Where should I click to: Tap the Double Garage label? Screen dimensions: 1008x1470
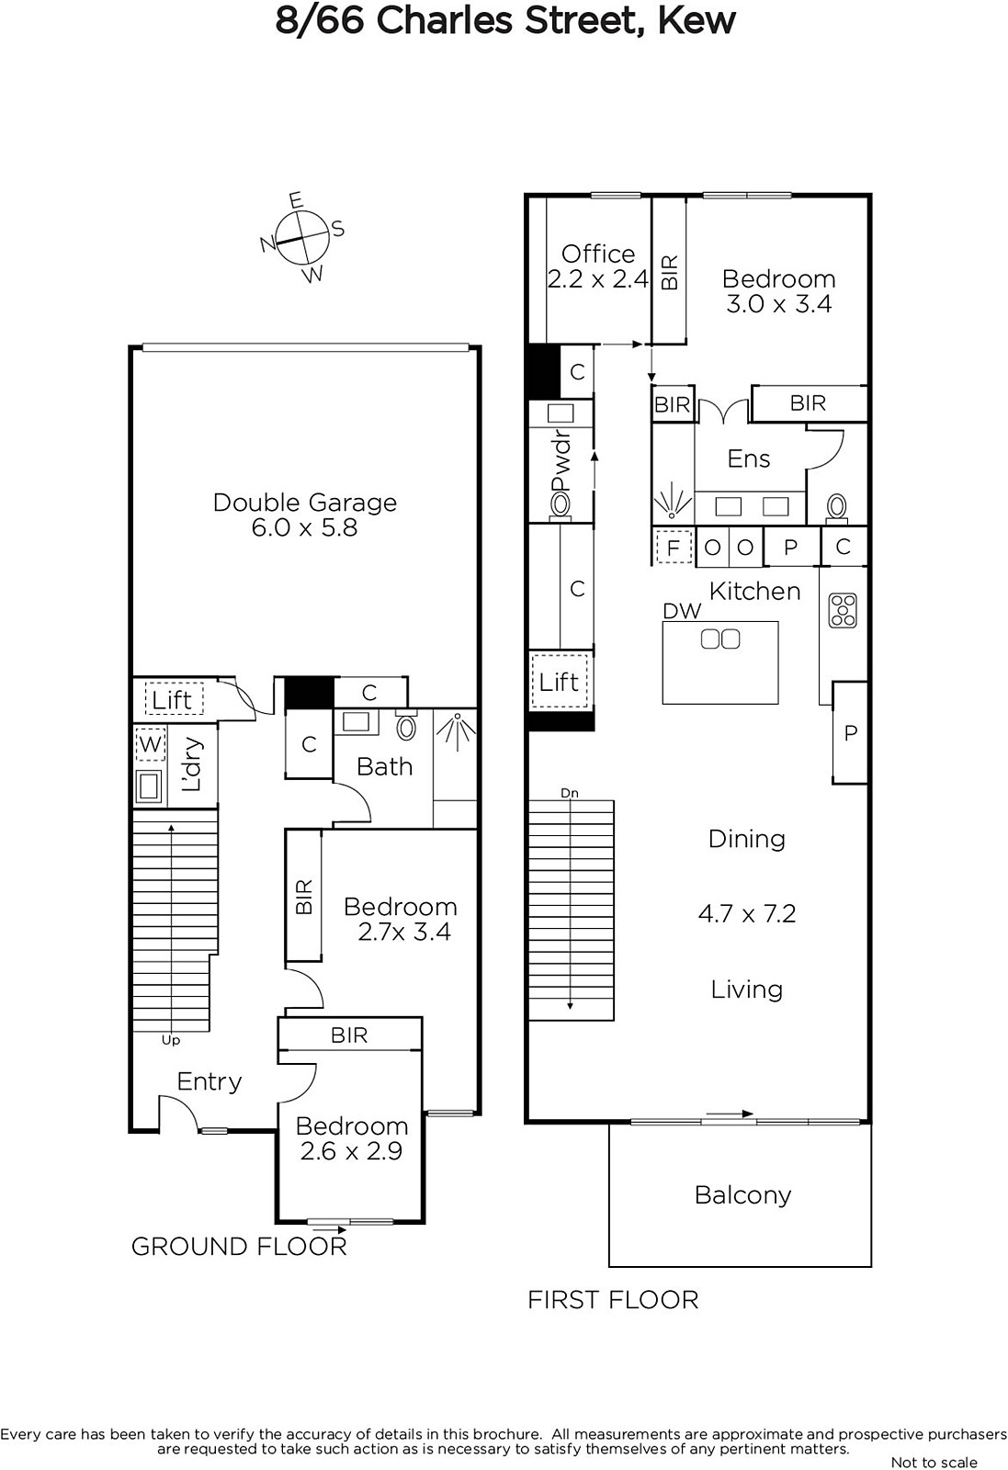tap(305, 503)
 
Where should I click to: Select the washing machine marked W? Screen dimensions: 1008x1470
tap(150, 744)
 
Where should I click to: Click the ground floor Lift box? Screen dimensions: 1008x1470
tap(174, 699)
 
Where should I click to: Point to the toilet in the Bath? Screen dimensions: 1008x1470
tap(406, 725)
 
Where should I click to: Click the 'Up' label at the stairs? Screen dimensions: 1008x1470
tap(171, 1039)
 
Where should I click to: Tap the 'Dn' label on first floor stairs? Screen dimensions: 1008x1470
tap(570, 793)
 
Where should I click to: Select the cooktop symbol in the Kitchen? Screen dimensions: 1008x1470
tap(843, 610)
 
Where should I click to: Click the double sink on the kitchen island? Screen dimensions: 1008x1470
tap(719, 639)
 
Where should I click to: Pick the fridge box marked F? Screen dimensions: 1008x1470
tap(674, 547)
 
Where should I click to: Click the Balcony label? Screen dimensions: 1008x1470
tap(742, 1195)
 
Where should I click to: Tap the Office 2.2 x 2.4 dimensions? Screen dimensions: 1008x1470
tap(598, 279)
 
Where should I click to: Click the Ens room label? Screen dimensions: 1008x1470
tap(749, 458)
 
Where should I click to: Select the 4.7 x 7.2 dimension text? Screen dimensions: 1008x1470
tap(747, 914)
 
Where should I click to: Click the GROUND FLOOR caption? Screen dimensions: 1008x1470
tap(239, 1247)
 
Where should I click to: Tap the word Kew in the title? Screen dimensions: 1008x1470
tap(697, 21)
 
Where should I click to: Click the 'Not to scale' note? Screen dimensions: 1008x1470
tap(934, 1462)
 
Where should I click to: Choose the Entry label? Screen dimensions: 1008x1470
tap(210, 1082)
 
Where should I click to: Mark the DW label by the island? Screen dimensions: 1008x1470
tap(682, 611)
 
